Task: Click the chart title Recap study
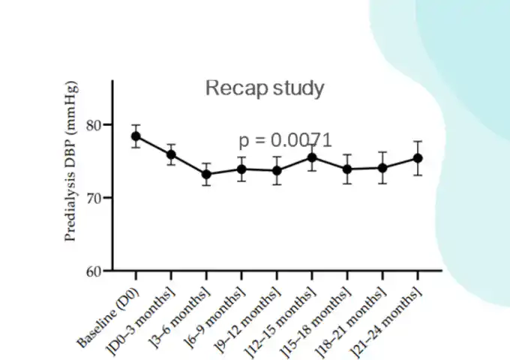tap(265, 88)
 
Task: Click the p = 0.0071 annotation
tap(285, 140)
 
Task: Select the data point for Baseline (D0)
tap(136, 136)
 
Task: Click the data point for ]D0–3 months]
tap(171, 154)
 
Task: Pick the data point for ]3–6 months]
tap(206, 174)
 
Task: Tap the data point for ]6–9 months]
tap(241, 169)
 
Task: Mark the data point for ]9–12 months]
tap(277, 170)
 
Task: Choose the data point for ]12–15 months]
tap(312, 157)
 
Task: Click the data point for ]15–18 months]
tap(347, 169)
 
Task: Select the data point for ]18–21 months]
tap(382, 168)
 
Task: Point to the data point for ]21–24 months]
tap(418, 158)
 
